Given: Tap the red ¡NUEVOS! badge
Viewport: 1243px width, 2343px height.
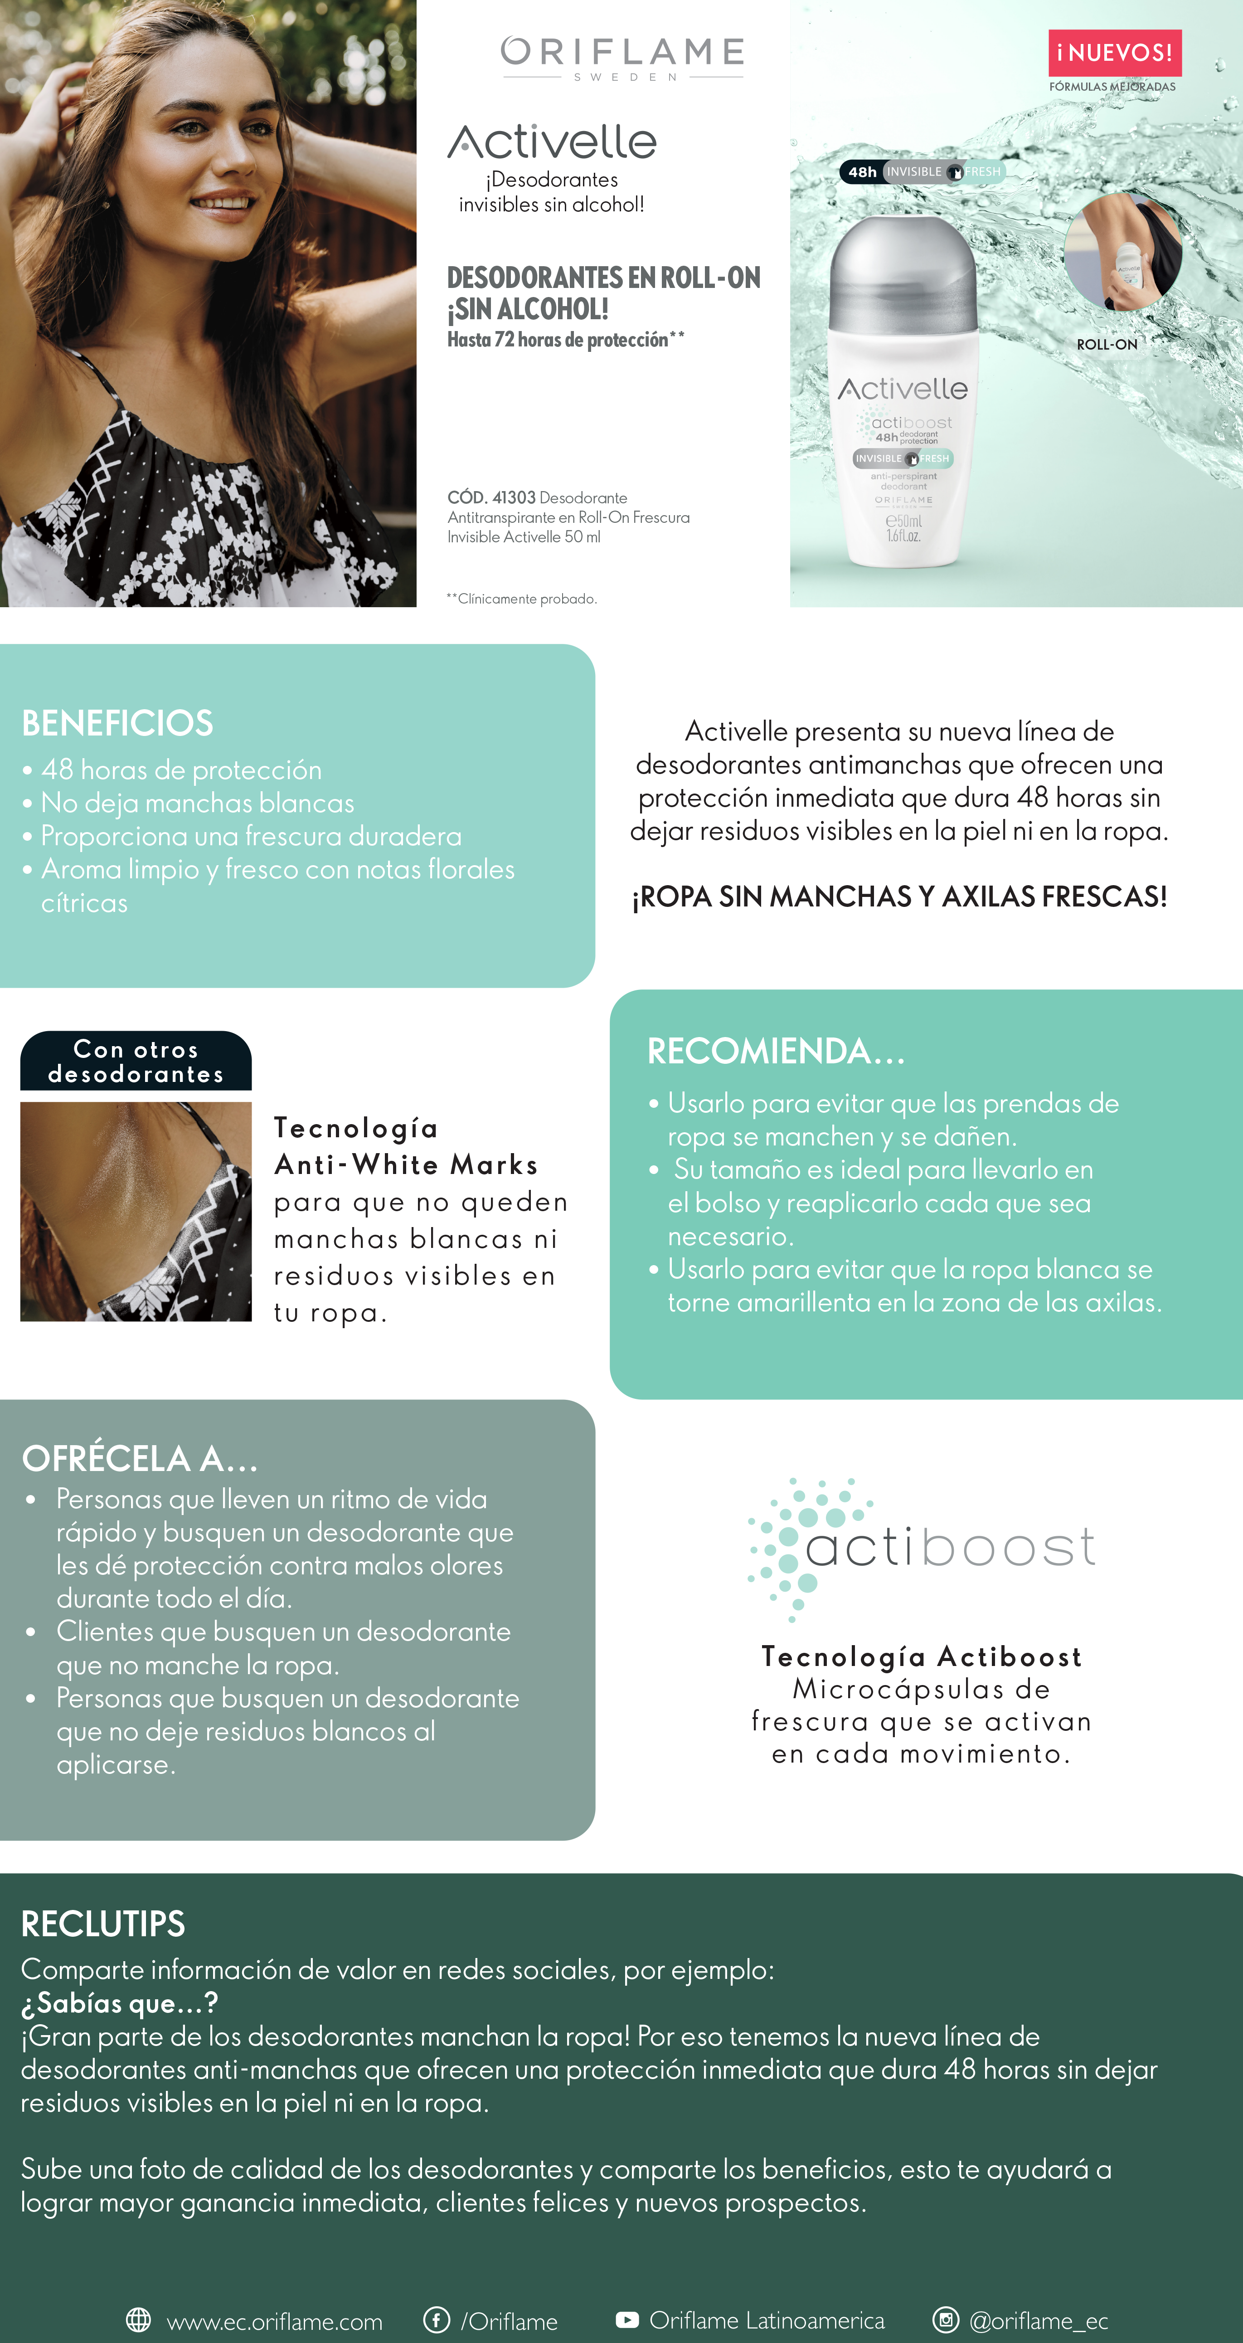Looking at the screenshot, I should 1114,53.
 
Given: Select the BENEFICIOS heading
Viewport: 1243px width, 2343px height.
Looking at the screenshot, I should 117,723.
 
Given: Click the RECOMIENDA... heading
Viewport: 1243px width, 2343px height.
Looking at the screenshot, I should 776,1052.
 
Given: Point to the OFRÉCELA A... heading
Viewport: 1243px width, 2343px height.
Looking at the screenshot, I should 140,1459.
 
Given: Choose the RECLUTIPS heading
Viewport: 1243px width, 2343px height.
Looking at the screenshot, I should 103,1924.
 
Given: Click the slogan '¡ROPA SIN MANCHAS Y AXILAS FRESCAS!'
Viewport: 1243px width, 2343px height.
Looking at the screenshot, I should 899,897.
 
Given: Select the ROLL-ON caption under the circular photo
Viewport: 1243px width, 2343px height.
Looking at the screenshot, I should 1107,345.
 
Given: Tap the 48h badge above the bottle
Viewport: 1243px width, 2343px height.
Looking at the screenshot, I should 862,172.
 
